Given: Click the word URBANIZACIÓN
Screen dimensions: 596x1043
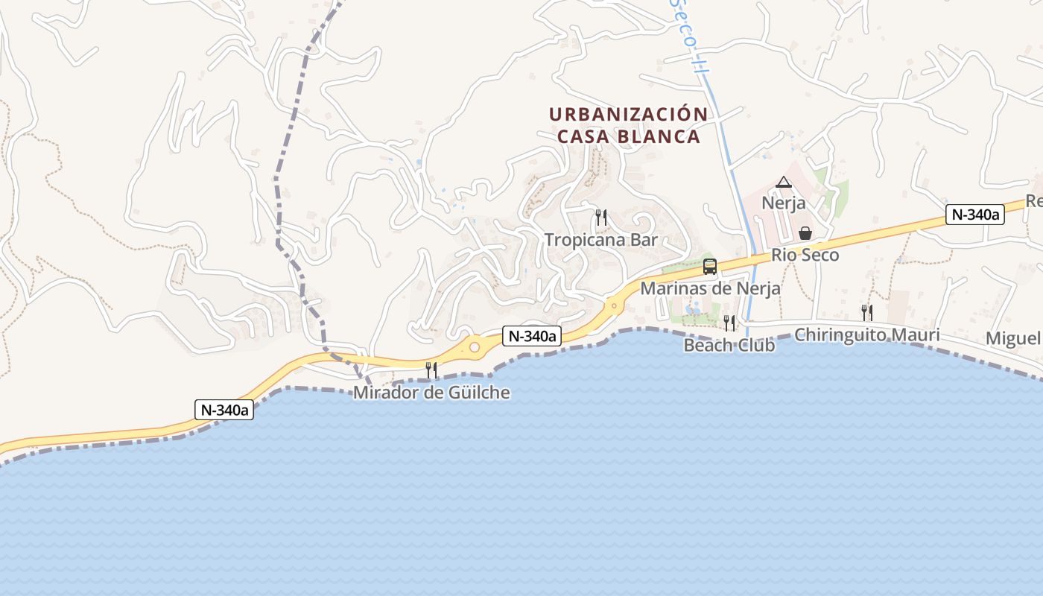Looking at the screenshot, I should tap(628, 115).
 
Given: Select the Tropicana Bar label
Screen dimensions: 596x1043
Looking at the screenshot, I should tap(601, 240).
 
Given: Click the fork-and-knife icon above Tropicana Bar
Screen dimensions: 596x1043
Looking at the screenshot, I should tap(601, 218).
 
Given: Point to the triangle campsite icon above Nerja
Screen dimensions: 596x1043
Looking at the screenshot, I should tap(783, 182).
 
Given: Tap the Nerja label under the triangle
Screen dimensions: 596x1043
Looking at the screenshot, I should tap(783, 203).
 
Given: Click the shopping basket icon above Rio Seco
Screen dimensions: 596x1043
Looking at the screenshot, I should tap(805, 234).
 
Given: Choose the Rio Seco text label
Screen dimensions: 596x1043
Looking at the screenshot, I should tap(805, 255).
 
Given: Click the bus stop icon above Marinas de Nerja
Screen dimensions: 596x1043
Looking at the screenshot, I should tap(710, 267).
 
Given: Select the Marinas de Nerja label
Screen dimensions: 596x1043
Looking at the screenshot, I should tap(710, 288).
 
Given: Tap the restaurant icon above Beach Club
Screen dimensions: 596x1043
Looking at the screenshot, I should tap(729, 323).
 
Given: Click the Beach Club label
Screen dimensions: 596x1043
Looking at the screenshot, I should tap(729, 346).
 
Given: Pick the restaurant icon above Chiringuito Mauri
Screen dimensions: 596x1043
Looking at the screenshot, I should tap(867, 313).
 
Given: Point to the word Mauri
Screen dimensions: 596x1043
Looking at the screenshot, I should tap(916, 335).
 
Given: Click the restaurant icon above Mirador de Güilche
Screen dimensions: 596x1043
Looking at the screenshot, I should tap(431, 370).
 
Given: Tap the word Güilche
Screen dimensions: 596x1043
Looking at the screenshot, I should tap(480, 393).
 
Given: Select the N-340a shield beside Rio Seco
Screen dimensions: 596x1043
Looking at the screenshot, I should tap(974, 215).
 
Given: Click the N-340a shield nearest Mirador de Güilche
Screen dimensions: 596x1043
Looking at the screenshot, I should tap(532, 336).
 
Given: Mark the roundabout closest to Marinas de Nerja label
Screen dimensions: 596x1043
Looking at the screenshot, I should tap(614, 305).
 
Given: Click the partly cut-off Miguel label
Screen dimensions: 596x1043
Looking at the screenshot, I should tap(1014, 339).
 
